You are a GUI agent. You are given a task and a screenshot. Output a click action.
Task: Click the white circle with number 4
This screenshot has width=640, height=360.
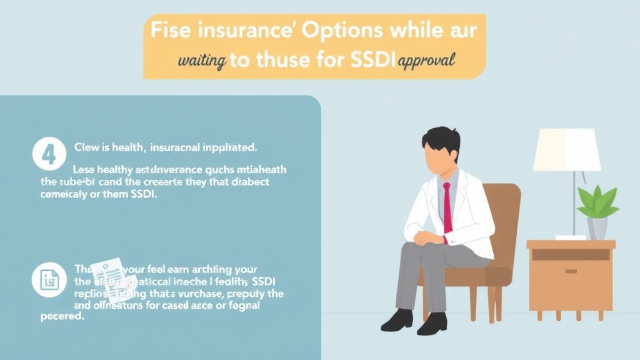coord(49,154)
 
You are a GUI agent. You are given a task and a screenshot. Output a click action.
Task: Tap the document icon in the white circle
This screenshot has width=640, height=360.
coord(49,279)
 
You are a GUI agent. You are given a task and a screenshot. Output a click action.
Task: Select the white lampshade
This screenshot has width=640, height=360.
coord(566,149)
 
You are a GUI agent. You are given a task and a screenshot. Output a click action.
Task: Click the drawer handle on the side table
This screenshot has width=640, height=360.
coord(571,271)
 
